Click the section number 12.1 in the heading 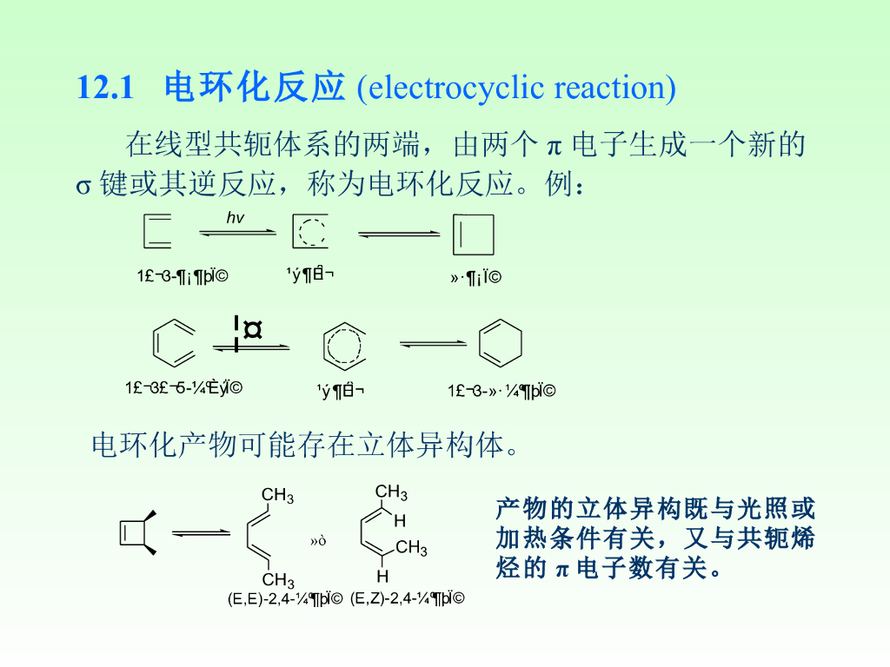(x=104, y=88)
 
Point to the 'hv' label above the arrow (x=236, y=218)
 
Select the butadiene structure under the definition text (x=157, y=232)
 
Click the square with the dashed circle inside (x=310, y=232)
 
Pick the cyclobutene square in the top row (x=474, y=234)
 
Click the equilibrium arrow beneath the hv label (x=237, y=233)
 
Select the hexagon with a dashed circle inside (x=340, y=346)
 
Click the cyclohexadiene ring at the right (x=501, y=345)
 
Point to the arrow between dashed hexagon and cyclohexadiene (x=433, y=345)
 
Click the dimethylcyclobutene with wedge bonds (x=137, y=532)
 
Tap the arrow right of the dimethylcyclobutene (x=200, y=532)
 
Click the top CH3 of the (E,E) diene (x=277, y=496)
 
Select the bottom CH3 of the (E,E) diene (x=278, y=579)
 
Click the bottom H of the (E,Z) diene (x=382, y=577)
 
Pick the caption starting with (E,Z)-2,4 (x=407, y=598)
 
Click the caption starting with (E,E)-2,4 (x=285, y=598)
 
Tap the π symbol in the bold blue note (x=561, y=570)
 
